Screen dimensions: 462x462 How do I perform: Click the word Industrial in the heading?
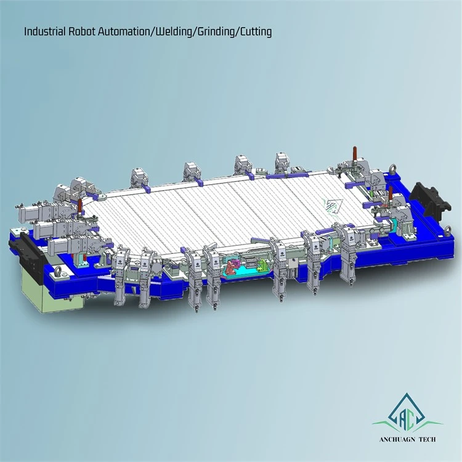tap(45, 31)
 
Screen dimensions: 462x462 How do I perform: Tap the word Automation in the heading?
tap(123, 31)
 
